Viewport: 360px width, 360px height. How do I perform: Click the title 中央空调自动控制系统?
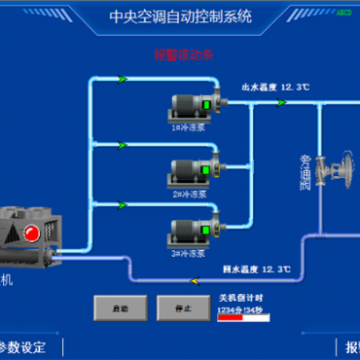[181, 16]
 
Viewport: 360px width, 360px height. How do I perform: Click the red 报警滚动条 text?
[181, 55]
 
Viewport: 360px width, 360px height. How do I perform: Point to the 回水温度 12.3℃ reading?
[257, 267]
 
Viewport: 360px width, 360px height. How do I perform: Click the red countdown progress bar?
[231, 315]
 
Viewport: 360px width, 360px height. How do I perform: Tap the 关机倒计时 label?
[239, 298]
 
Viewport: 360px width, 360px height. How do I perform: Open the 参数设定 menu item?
[21, 346]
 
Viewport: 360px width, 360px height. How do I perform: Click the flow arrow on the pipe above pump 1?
[122, 79]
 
